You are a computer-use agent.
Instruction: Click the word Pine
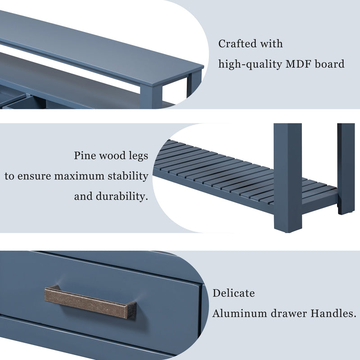click(x=85, y=156)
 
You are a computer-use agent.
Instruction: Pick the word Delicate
click(x=234, y=293)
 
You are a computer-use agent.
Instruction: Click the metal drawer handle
click(x=90, y=302)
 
